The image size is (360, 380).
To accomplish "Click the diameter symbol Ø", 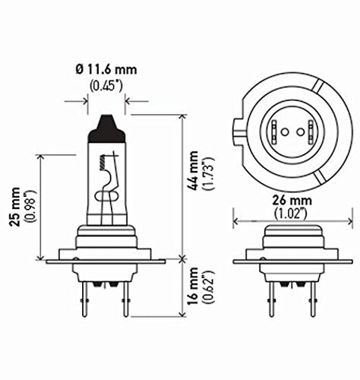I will [79, 70].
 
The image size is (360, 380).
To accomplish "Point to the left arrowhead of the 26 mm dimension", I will [236, 222].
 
